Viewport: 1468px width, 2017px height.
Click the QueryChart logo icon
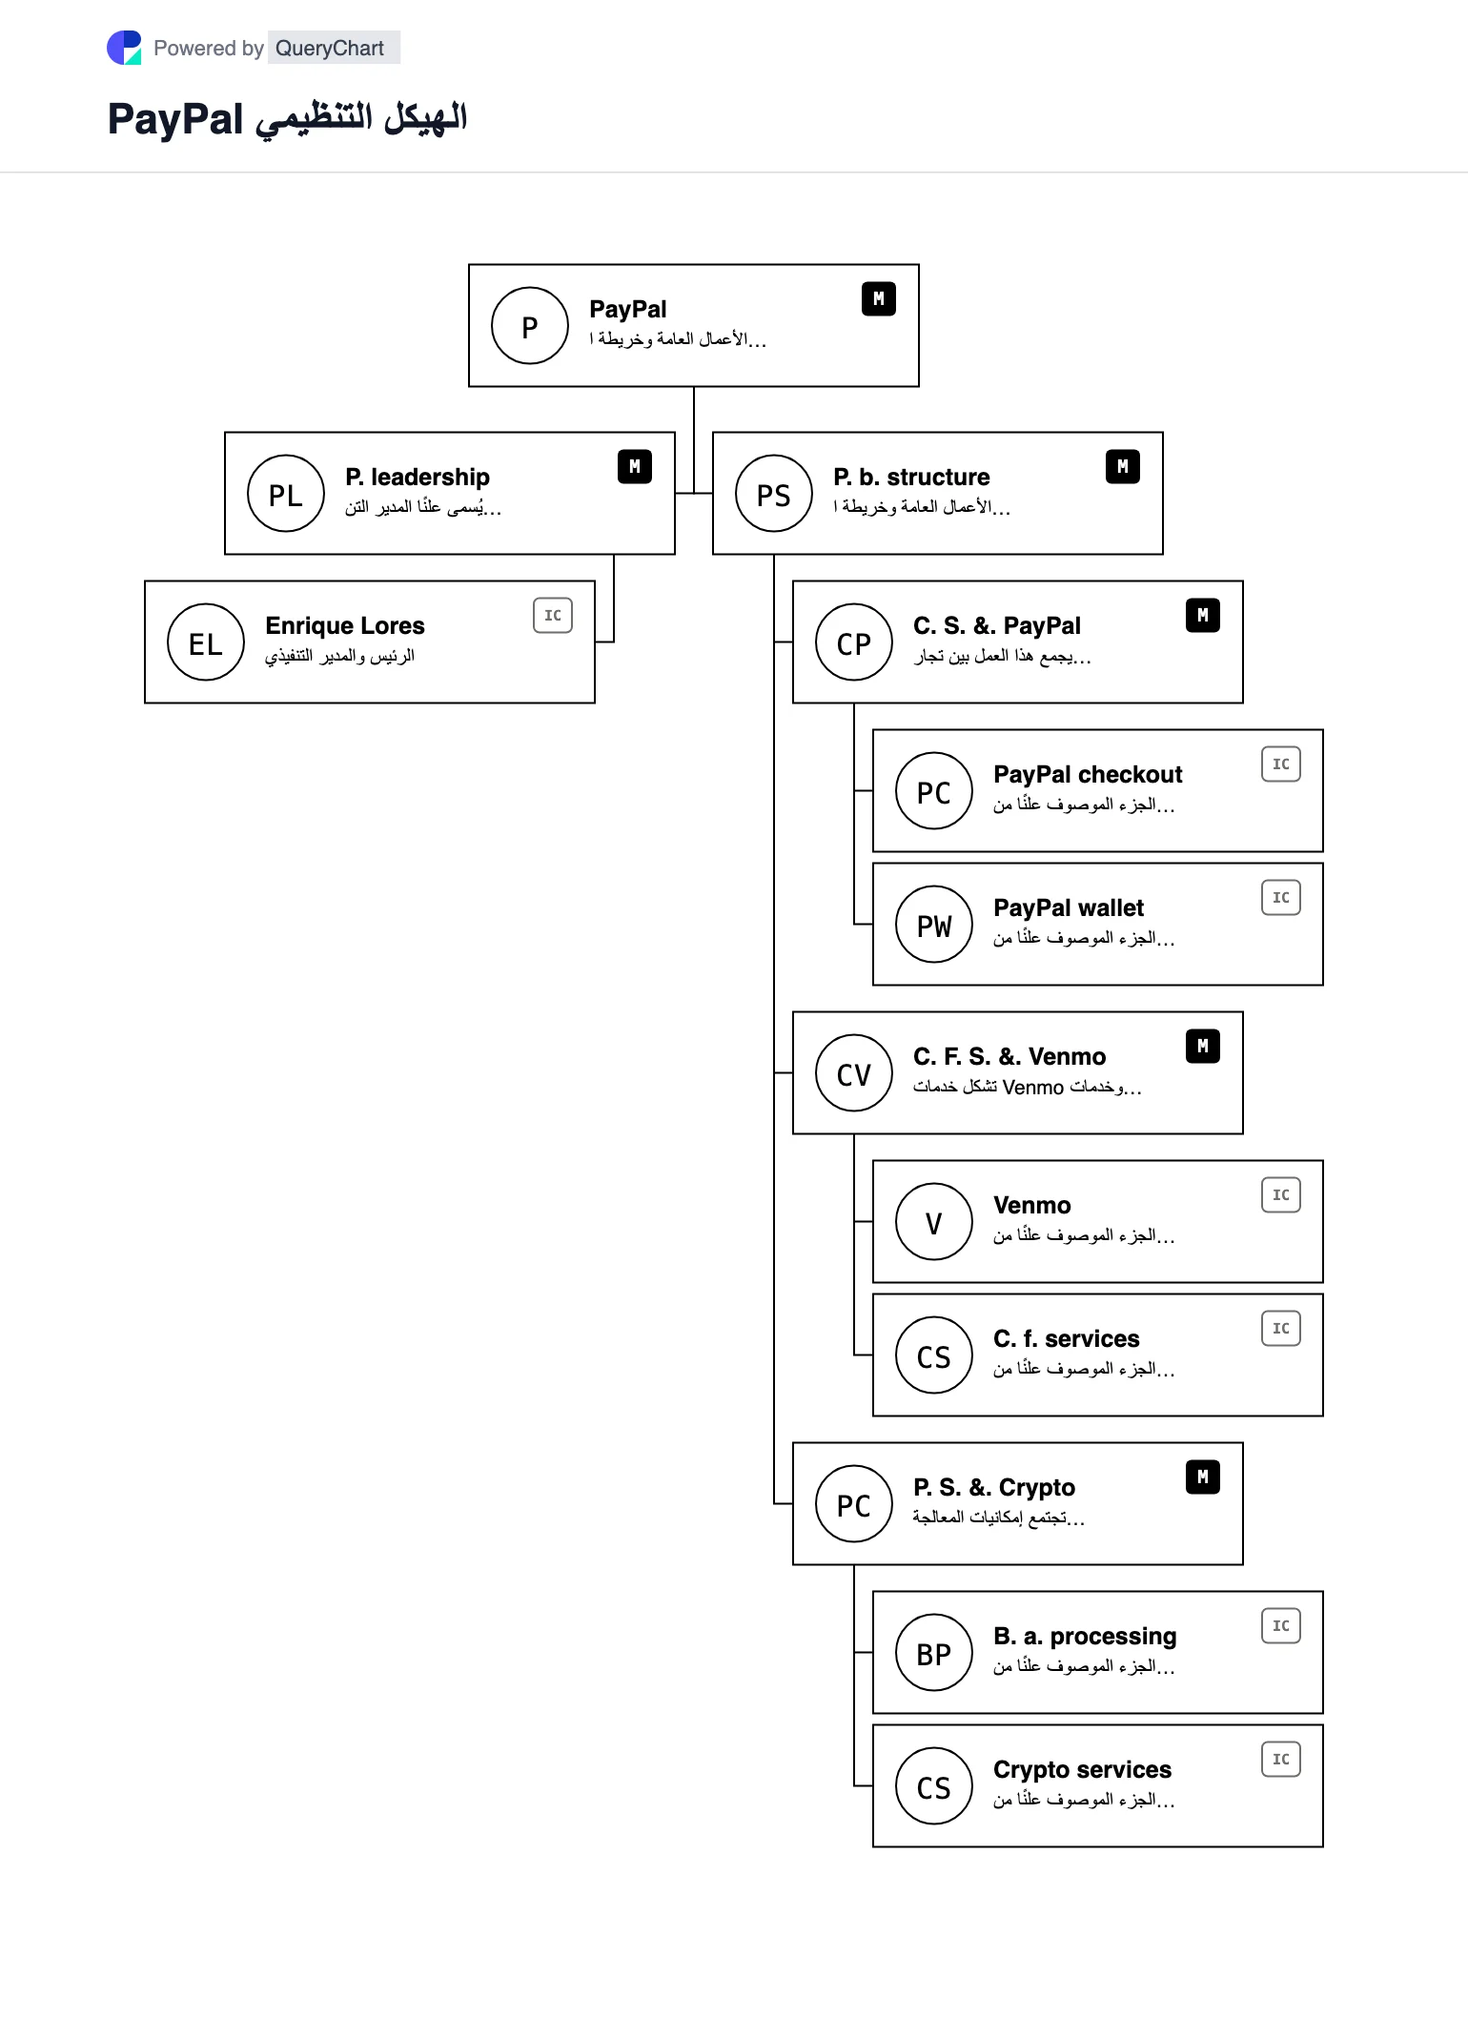click(x=124, y=48)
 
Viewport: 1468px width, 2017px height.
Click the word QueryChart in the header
click(x=330, y=48)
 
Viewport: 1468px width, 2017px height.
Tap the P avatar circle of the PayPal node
click(x=530, y=326)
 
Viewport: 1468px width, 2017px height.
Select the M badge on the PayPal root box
click(x=879, y=299)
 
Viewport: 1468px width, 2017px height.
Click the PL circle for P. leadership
click(x=286, y=494)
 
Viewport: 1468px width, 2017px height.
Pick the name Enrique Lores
click(x=345, y=625)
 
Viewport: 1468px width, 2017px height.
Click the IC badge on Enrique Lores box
click(x=553, y=616)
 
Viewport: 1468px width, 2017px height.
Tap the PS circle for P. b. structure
click(x=774, y=494)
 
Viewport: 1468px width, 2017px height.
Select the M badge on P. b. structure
click(x=1123, y=467)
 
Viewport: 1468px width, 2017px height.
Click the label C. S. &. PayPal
click(x=997, y=625)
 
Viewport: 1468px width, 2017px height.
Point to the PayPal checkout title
click(x=1088, y=774)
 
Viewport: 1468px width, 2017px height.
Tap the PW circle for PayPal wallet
click(x=934, y=925)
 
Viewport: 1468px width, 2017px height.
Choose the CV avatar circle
click(x=854, y=1073)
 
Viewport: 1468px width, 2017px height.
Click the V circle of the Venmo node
click(x=934, y=1222)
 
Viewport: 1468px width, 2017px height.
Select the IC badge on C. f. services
click(x=1281, y=1329)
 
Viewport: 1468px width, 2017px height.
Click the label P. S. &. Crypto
click(x=994, y=1487)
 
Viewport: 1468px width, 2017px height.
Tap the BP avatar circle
click(x=934, y=1653)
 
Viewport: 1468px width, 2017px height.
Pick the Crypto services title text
click(x=1082, y=1769)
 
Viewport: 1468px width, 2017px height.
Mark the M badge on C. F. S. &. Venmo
click(x=1203, y=1047)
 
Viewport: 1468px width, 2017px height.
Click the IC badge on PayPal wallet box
click(x=1281, y=898)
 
